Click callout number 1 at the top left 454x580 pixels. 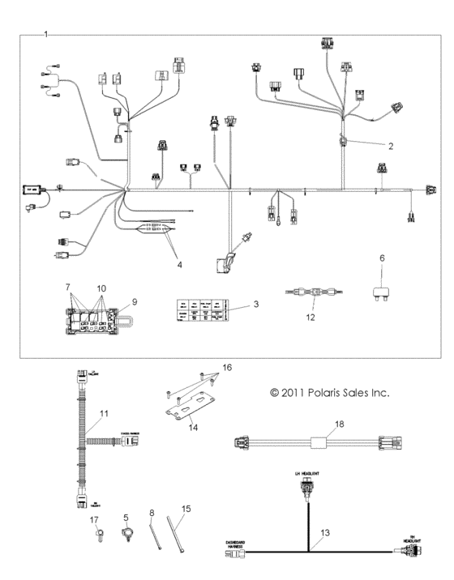point(46,34)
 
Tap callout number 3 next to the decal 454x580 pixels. point(255,305)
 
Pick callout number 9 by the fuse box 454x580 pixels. point(135,301)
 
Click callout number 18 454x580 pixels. point(339,424)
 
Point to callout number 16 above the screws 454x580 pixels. point(226,367)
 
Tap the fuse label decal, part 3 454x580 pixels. point(201,309)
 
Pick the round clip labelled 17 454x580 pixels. point(95,533)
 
